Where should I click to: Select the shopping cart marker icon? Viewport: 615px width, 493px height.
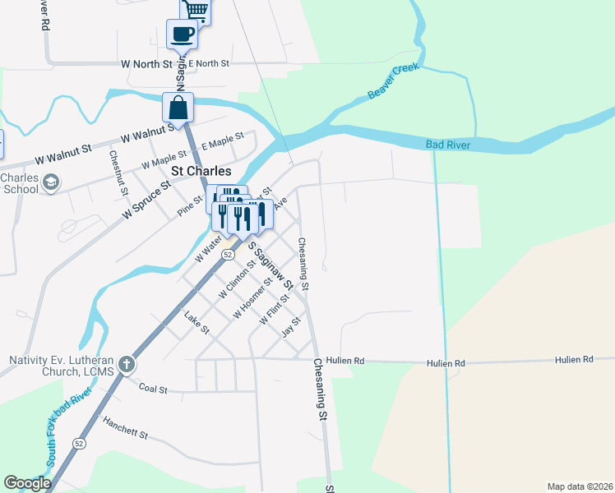tap(196, 11)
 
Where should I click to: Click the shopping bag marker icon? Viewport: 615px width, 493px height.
tap(178, 108)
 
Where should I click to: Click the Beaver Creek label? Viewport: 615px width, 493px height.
tap(394, 81)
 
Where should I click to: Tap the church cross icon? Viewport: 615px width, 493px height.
tap(127, 363)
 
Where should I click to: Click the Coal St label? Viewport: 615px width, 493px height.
tap(153, 388)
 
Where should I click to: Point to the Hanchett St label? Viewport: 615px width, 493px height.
tap(125, 426)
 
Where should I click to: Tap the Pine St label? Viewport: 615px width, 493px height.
tap(190, 205)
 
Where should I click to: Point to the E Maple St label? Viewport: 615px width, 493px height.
tap(224, 142)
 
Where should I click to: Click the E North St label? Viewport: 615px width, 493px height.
tap(208, 63)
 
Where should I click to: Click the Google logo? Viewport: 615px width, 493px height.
tap(27, 483)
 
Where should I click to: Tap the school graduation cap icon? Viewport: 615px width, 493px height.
tap(51, 182)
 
